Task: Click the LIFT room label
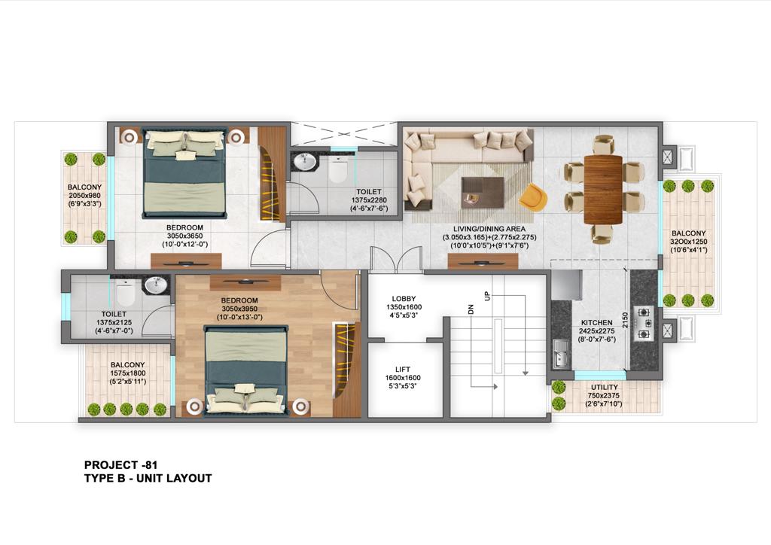[403, 370]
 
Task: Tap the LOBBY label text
[404, 299]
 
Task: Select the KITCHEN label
[597, 323]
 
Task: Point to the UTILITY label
[605, 387]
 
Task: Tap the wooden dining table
[603, 189]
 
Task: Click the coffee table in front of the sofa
[483, 192]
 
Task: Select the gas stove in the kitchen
[644, 324]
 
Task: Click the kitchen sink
[560, 355]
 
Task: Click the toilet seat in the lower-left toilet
[126, 294]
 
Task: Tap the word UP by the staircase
[487, 297]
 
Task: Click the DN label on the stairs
[471, 309]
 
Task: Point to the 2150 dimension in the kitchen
[625, 320]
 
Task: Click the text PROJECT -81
[121, 465]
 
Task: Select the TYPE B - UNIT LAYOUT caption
[148, 478]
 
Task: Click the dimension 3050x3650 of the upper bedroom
[185, 236]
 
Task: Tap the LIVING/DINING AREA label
[489, 229]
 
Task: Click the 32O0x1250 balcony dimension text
[688, 242]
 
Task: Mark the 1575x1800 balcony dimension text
[128, 373]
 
